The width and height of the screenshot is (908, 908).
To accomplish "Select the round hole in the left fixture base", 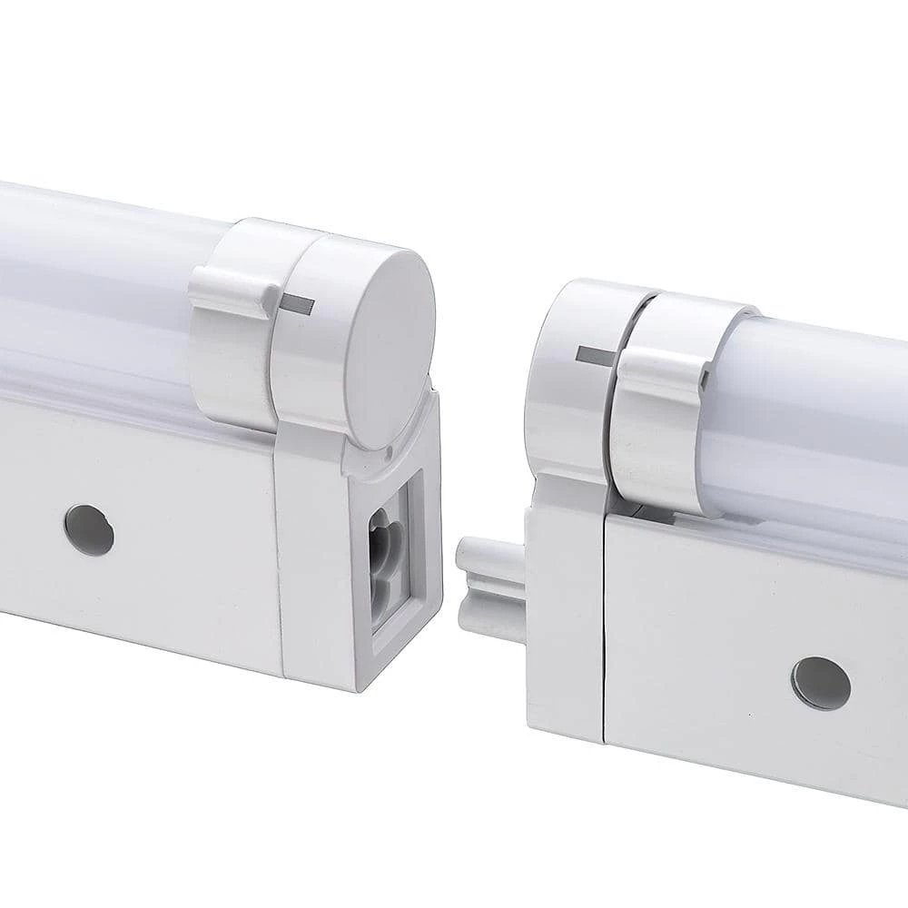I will (x=89, y=530).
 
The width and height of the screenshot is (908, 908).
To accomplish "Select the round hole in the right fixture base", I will (x=820, y=683).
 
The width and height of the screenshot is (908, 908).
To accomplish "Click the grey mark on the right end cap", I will (x=594, y=355).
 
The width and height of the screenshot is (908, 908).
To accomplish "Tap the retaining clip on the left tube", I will (x=232, y=291).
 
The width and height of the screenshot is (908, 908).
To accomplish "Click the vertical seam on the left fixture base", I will (x=277, y=554).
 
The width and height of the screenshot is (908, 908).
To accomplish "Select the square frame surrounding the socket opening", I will (x=413, y=563).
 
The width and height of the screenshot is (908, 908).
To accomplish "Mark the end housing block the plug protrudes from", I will (x=563, y=617).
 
